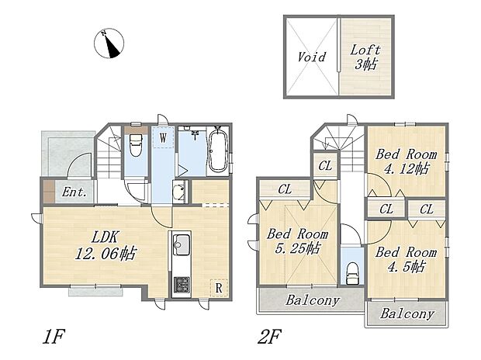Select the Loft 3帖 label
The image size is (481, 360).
[x=365, y=57]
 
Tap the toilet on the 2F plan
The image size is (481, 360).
[x=351, y=272]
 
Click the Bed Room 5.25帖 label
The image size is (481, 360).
[x=298, y=241]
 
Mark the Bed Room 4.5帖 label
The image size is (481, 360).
[x=406, y=259]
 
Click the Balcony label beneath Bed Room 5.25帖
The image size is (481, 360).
[x=310, y=300]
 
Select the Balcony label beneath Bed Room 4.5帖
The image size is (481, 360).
[x=407, y=314]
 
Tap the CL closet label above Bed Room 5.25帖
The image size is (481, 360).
[x=284, y=189]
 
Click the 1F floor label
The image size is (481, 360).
[x=51, y=338]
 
